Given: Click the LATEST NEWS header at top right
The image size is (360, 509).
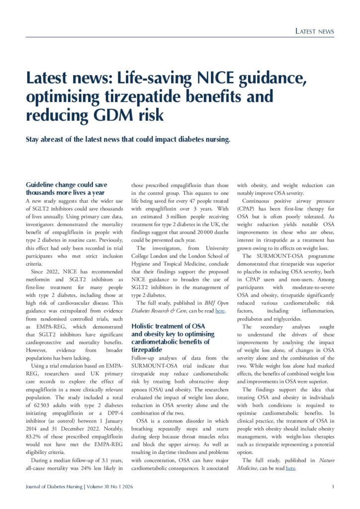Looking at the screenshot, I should [x=314, y=31].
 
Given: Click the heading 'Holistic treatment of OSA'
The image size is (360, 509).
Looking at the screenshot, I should [x=169, y=326].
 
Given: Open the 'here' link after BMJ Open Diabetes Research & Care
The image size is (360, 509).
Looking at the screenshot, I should [x=220, y=311].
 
